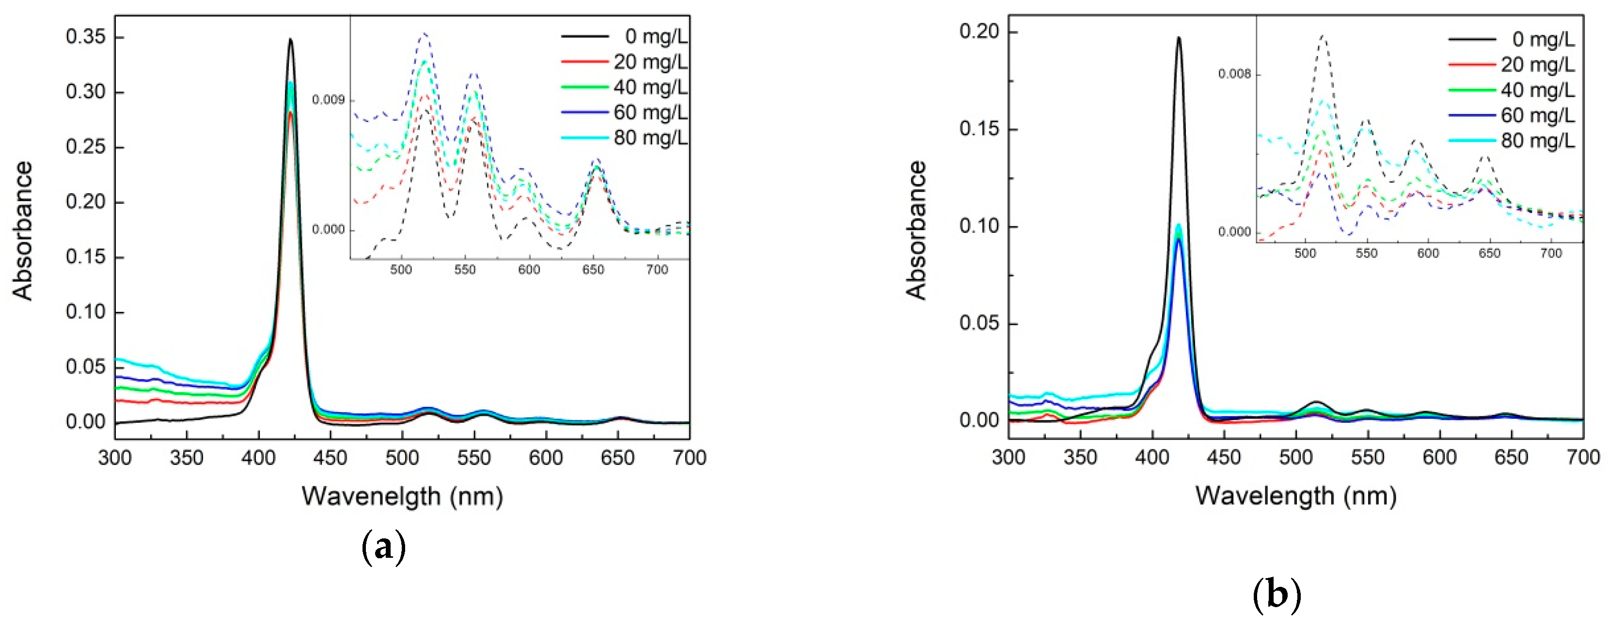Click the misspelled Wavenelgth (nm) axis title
(402, 497)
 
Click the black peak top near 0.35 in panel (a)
(290, 40)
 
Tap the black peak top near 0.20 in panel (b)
(1179, 38)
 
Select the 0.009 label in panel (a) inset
(329, 100)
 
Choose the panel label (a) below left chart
(383, 548)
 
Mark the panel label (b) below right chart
(1277, 595)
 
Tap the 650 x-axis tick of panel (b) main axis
(1511, 458)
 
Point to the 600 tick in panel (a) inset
(529, 270)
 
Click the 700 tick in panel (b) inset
(1551, 254)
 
